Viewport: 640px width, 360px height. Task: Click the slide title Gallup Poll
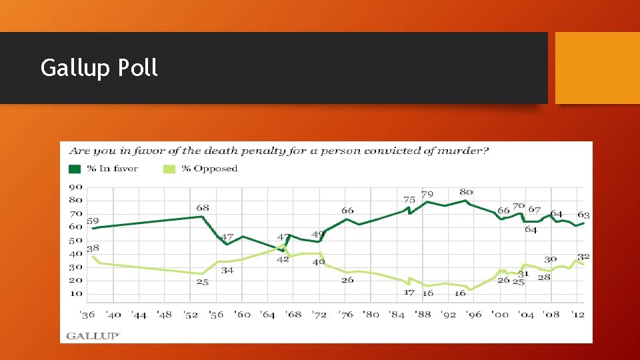tap(99, 68)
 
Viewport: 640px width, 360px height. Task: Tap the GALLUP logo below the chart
tap(93, 335)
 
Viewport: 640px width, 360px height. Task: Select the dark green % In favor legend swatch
tap(75, 169)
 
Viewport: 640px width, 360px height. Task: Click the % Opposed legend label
tap(209, 169)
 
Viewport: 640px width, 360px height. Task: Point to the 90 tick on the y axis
tap(75, 187)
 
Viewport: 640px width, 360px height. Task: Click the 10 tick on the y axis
tap(75, 294)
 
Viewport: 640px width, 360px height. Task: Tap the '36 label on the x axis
tap(87, 314)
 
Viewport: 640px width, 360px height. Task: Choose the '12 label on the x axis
tap(577, 314)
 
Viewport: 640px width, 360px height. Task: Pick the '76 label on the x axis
tap(345, 314)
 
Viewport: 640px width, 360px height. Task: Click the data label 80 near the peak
tap(466, 193)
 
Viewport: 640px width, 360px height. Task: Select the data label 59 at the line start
tap(93, 221)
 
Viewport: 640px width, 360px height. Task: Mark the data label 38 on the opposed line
tap(93, 248)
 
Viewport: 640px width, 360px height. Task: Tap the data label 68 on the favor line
tap(203, 208)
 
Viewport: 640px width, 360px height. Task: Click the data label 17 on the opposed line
tap(409, 293)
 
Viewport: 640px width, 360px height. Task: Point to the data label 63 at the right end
tap(583, 215)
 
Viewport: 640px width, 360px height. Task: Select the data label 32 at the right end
tap(583, 257)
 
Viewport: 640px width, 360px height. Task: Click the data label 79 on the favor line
tap(427, 195)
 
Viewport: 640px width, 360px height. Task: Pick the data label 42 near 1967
tap(283, 259)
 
